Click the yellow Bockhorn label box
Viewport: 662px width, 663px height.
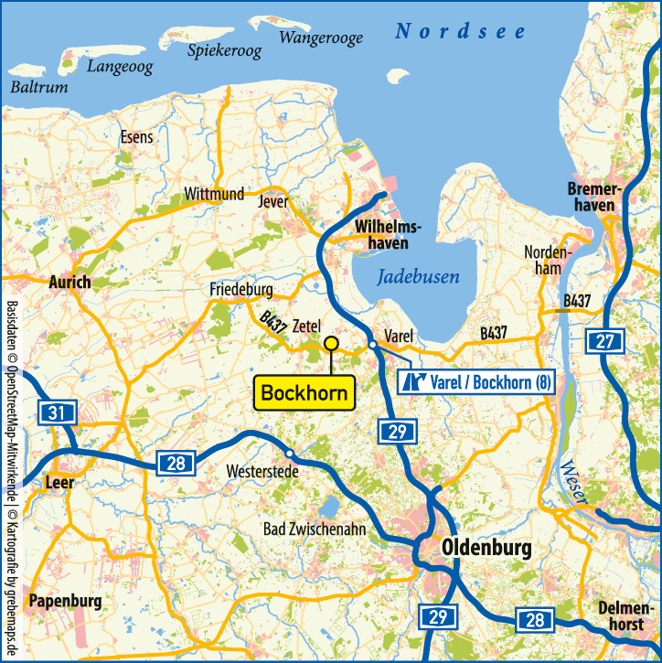[x=305, y=393]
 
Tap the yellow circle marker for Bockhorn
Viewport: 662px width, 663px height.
[x=331, y=343]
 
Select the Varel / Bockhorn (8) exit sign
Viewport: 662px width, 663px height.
[x=478, y=381]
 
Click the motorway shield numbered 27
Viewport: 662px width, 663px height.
[x=604, y=342]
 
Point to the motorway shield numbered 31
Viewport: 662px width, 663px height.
[x=57, y=413]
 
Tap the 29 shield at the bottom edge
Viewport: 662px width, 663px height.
[x=437, y=617]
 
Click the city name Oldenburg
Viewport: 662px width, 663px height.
[x=485, y=548]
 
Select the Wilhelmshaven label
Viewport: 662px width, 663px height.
[x=388, y=235]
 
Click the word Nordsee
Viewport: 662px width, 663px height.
[x=460, y=32]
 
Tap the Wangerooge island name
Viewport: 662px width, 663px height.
[x=320, y=37]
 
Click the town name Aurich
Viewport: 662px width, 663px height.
[x=69, y=282]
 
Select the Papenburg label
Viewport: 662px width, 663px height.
[x=65, y=601]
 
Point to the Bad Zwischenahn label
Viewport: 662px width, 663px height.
[x=312, y=529]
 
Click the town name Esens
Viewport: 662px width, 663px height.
[x=137, y=137]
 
